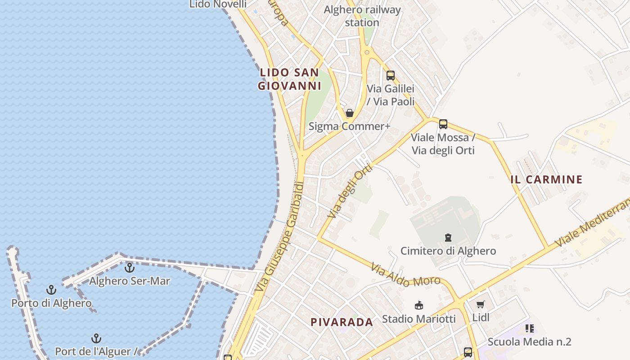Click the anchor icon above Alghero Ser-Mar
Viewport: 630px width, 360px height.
pyautogui.click(x=130, y=268)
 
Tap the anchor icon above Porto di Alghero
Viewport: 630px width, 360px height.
pyautogui.click(x=51, y=290)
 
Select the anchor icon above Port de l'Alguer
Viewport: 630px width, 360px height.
pyautogui.click(x=96, y=338)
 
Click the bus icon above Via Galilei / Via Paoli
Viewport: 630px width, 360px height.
pyautogui.click(x=390, y=76)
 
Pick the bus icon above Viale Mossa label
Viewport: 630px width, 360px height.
pyautogui.click(x=443, y=124)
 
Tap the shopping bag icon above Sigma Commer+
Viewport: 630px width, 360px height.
pyautogui.click(x=349, y=113)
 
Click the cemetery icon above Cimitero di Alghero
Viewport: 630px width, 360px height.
pyautogui.click(x=448, y=238)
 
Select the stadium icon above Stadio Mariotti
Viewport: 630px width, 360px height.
pyautogui.click(x=418, y=306)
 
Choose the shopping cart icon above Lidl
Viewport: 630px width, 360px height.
pyautogui.click(x=480, y=305)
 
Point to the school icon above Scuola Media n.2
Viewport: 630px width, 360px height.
pyautogui.click(x=529, y=329)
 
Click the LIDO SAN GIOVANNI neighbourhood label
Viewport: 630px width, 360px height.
pyautogui.click(x=289, y=79)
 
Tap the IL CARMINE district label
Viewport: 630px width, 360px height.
pyautogui.click(x=546, y=180)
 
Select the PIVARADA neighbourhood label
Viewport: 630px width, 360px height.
pyautogui.click(x=342, y=322)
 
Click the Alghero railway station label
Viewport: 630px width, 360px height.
pyautogui.click(x=362, y=16)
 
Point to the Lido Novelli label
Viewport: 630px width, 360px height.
pyautogui.click(x=218, y=4)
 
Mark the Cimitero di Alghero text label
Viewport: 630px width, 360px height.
pyautogui.click(x=448, y=251)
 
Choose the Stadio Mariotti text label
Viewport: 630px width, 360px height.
pyautogui.click(x=418, y=319)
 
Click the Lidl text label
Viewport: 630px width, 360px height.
pyautogui.click(x=481, y=317)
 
